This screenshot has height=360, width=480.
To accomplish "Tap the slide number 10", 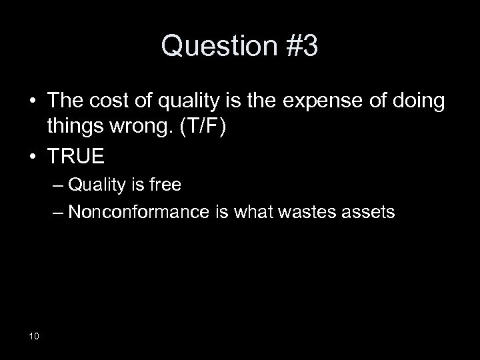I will (x=34, y=335).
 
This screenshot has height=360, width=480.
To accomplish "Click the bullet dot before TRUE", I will (x=30, y=157).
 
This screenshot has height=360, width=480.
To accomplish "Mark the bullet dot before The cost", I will (x=30, y=102).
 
